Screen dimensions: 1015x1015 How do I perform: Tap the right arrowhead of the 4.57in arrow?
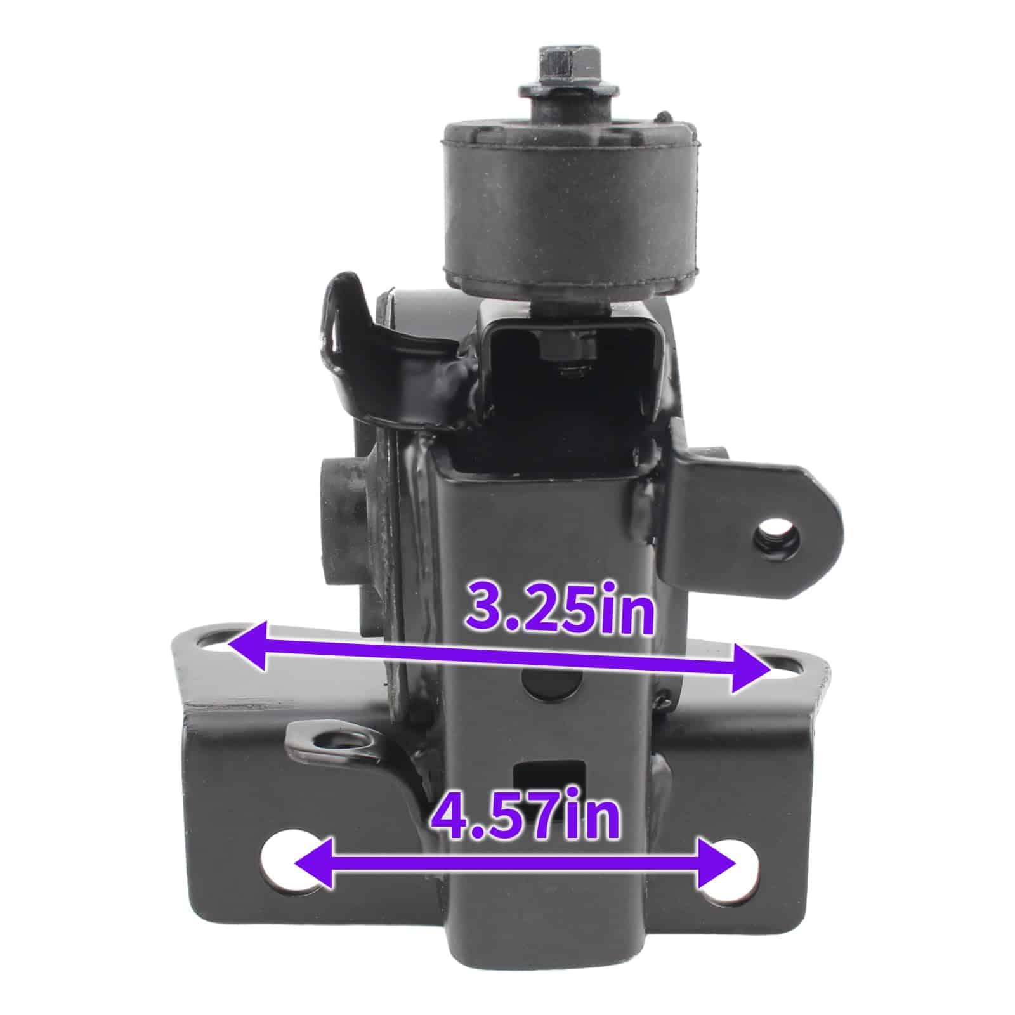[716, 863]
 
